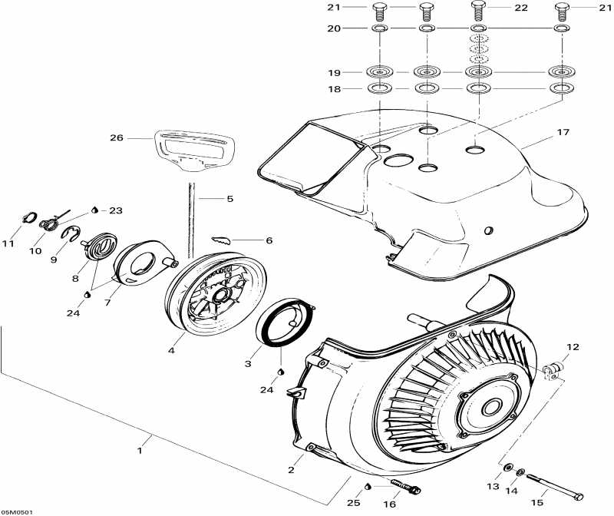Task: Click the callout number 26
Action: pyautogui.click(x=116, y=138)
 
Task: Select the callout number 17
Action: pyautogui.click(x=563, y=132)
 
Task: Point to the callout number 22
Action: pyautogui.click(x=522, y=8)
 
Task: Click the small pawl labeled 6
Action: pyautogui.click(x=222, y=240)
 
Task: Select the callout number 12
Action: pyautogui.click(x=573, y=347)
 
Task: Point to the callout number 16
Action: pyautogui.click(x=389, y=504)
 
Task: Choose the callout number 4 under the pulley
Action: pyautogui.click(x=171, y=351)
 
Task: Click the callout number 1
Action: pyautogui.click(x=140, y=451)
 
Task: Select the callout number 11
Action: pyautogui.click(x=8, y=244)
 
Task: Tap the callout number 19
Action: pyautogui.click(x=334, y=72)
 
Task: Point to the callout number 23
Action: pyautogui.click(x=116, y=210)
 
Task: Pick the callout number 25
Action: pyautogui.click(x=352, y=504)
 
